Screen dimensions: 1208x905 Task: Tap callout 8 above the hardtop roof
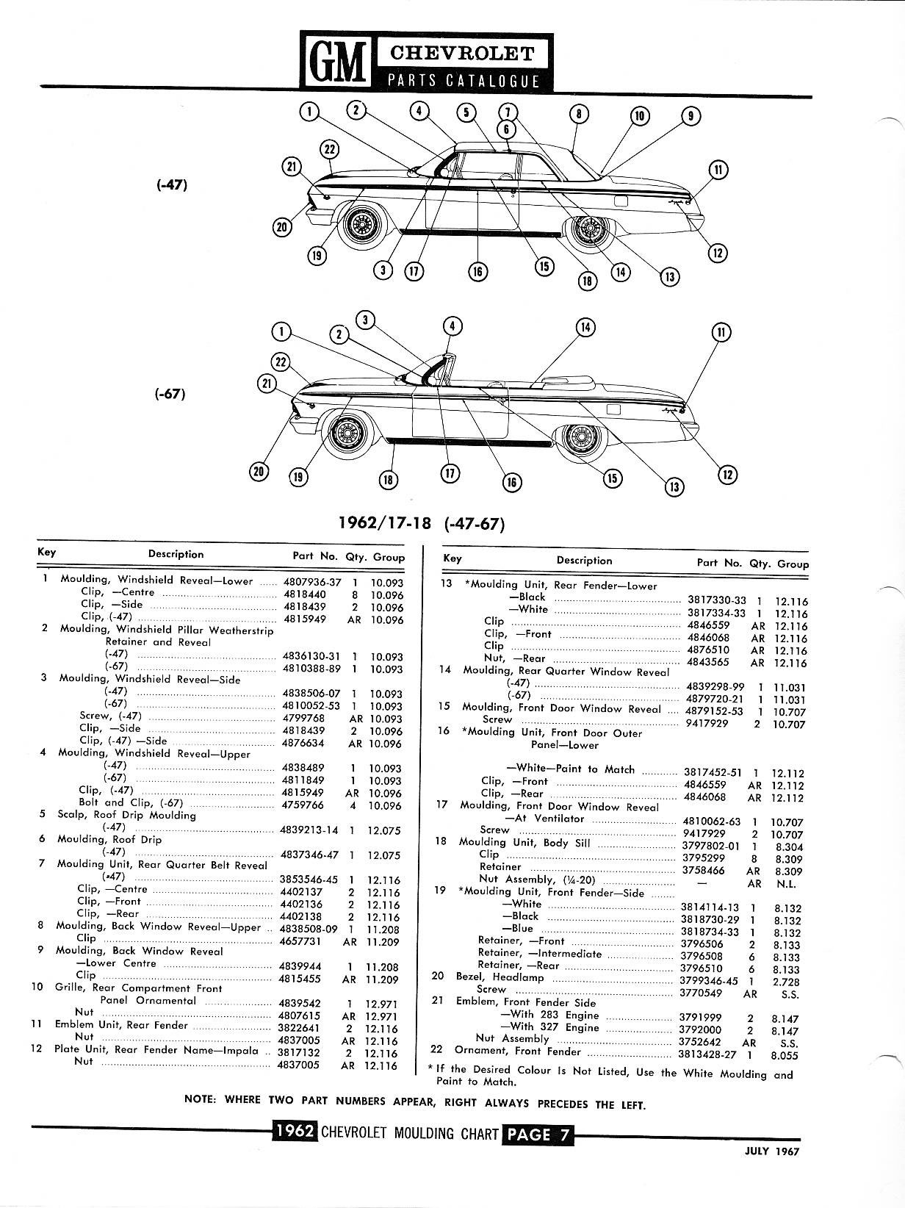[579, 114]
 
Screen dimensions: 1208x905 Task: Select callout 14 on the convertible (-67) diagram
[585, 328]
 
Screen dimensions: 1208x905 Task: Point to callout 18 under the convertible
[387, 481]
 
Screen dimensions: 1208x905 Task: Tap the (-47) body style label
[173, 185]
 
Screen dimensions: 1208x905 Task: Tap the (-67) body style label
[170, 394]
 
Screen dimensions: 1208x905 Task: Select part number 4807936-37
[312, 582]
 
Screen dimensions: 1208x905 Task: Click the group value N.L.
[787, 885]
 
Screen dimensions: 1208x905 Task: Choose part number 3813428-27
[709, 1055]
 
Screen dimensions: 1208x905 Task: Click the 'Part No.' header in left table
[315, 556]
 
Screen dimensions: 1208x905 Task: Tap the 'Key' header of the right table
[452, 558]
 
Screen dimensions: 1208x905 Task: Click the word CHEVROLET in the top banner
[463, 54]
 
